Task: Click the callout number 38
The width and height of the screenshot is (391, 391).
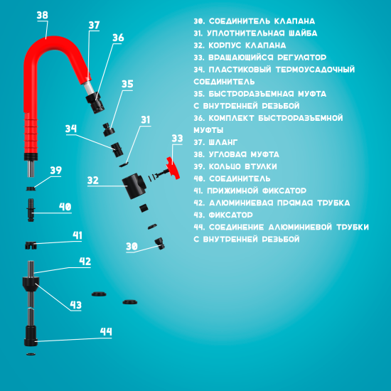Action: coord(42,15)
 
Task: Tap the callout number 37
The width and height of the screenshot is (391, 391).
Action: coord(95,25)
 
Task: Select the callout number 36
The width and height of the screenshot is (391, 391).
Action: coord(118,38)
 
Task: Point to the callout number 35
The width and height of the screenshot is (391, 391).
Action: coord(127,84)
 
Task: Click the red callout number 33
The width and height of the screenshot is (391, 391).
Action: coord(177,138)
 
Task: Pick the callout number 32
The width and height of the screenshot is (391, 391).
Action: coord(93,181)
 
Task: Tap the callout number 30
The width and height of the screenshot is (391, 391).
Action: coord(132,246)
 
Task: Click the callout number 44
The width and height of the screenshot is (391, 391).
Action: coord(106,331)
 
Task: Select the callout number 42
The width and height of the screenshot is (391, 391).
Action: coord(85,262)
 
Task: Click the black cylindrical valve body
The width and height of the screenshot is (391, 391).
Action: coord(134,188)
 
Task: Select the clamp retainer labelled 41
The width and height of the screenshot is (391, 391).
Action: coord(30,246)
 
